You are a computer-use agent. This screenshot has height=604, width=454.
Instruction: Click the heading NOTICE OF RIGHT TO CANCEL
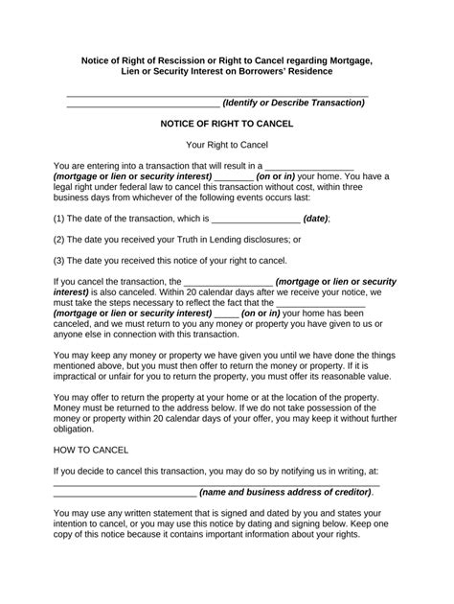[226, 124]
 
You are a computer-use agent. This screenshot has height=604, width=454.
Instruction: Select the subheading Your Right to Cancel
[226, 144]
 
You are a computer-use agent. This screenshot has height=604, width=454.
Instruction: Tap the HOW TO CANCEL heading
[91, 450]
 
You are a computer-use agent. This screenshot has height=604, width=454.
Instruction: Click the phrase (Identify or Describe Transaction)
[293, 103]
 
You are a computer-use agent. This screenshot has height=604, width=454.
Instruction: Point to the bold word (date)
[315, 219]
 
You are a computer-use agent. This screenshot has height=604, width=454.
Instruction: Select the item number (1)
[59, 219]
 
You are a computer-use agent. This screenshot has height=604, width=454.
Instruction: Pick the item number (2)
[59, 240]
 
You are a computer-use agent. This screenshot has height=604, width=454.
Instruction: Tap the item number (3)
[59, 261]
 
